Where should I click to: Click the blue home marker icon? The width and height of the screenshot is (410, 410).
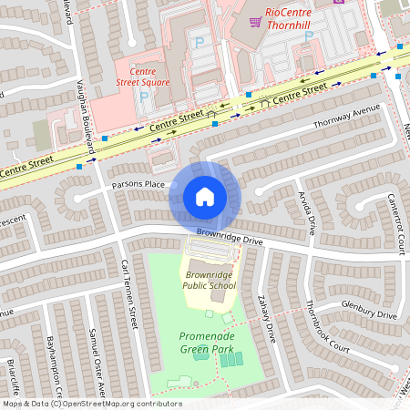205,196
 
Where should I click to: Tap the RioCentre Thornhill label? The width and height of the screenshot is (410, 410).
289,18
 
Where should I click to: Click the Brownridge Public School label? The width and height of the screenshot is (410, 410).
209,279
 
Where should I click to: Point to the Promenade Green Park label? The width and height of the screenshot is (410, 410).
206,343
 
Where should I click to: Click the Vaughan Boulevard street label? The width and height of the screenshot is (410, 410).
84,119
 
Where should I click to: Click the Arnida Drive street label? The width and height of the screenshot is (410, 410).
306,211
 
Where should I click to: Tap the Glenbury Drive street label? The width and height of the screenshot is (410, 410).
368,310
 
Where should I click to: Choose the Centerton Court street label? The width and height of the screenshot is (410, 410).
395,222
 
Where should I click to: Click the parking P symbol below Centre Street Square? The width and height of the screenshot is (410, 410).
143,97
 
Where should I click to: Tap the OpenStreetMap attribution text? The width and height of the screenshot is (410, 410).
91,404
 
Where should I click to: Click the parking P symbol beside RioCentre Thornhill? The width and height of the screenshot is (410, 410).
308,36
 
